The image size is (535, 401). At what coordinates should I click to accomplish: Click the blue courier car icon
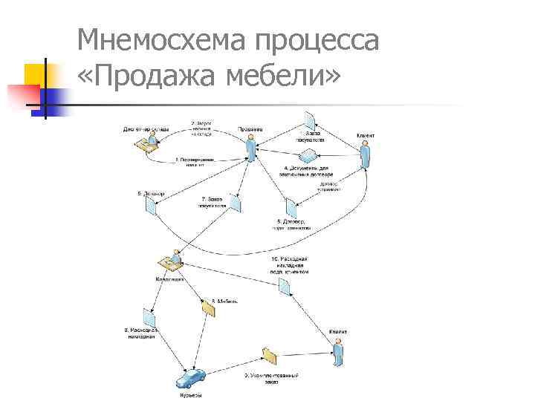click(x=190, y=380)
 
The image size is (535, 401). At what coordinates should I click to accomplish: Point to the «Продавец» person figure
click(x=251, y=147)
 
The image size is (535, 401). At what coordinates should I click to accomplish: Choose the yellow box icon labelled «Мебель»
click(x=207, y=305)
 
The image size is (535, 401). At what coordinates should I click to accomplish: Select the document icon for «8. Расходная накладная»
click(x=142, y=314)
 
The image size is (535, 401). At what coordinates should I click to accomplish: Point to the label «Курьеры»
click(x=191, y=397)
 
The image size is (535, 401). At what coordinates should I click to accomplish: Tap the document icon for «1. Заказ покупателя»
click(x=313, y=120)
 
